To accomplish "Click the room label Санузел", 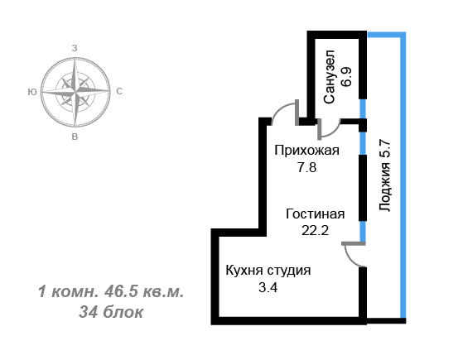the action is pos(329,77).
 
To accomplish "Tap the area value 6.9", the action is pos(346,77).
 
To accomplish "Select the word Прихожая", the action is pos(306,151).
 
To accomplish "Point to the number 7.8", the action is pos(306,168).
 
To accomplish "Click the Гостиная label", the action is pos(315,214).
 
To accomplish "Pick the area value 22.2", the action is pos(315,230).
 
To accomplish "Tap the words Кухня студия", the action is pos(268,271).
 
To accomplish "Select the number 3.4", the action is pos(268,287).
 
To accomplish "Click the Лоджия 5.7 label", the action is pos(384,175).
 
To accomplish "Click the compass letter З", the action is pos(75,48).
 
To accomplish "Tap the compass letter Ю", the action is pos(32,92).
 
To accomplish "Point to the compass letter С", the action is pos(119,92).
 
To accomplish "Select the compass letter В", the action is pos(75,137).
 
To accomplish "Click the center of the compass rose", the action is pos(75,92).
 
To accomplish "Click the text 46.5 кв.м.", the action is pos(144,292).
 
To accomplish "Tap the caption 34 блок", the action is pos(111,312).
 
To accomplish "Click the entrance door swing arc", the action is pos(281,108).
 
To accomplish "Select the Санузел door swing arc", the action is pos(333,132).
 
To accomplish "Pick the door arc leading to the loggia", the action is pos(350,258).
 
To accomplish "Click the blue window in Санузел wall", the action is pos(363,108).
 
